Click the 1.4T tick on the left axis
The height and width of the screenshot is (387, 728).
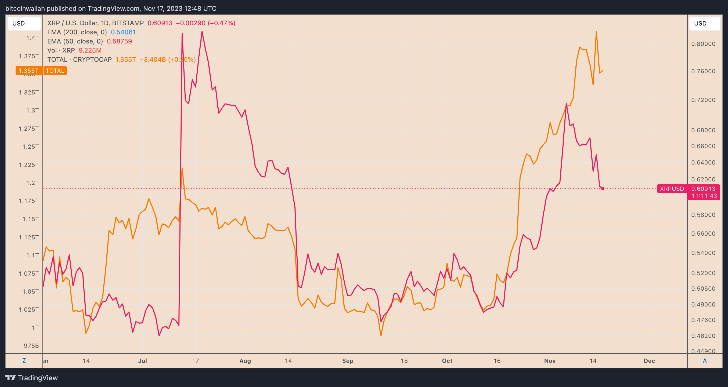pos(32,38)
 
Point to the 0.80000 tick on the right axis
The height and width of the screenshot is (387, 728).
pos(703,44)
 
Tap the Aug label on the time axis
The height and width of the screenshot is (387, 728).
pos(245,361)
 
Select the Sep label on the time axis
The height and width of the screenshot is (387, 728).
pos(348,361)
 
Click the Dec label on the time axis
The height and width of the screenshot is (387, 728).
pos(649,361)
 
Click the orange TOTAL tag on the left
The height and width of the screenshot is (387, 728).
pos(55,71)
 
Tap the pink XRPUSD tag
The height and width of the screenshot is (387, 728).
pos(672,189)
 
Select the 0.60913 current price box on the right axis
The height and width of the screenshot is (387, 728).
pos(703,189)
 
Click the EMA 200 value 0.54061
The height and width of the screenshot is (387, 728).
pos(123,32)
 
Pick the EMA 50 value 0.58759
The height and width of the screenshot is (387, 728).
pos(119,41)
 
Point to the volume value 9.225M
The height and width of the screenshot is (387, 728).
pos(90,50)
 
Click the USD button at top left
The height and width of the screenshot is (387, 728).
pos(19,23)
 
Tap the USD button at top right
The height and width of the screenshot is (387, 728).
pos(700,23)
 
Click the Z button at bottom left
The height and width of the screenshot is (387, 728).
pos(24,360)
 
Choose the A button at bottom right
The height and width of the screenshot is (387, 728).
pos(705,360)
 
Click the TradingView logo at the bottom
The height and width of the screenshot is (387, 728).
pos(31,378)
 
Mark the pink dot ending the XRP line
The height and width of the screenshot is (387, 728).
pos(603,189)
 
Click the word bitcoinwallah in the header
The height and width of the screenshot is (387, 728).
pos(25,9)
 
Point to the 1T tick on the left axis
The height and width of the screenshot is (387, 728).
pos(35,328)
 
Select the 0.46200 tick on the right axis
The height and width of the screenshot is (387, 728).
pos(703,336)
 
